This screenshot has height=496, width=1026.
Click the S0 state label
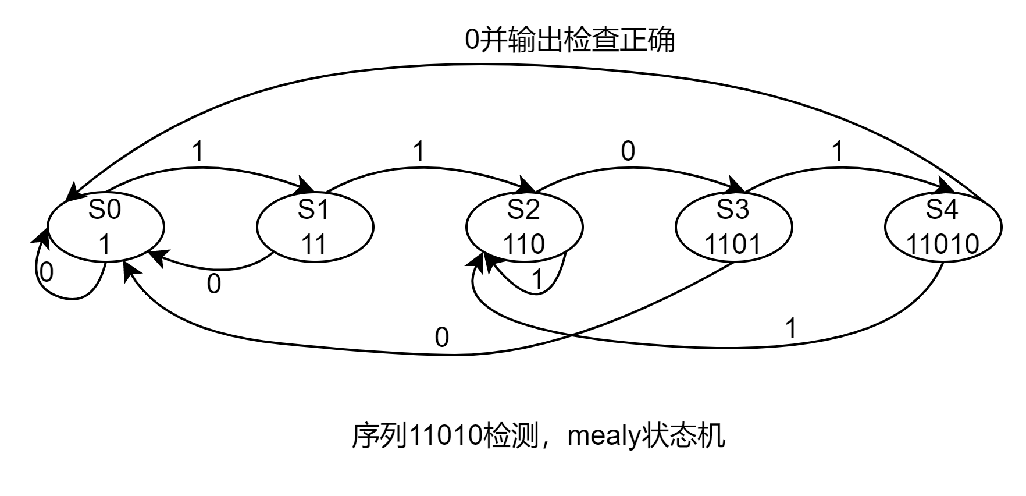pyautogui.click(x=105, y=210)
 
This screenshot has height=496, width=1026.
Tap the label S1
pyautogui.click(x=314, y=210)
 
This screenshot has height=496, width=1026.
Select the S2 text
pyautogui.click(x=523, y=210)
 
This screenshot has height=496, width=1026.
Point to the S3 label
pyautogui.click(x=733, y=210)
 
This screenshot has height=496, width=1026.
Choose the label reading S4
pyautogui.click(x=942, y=210)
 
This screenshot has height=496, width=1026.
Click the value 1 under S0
pyautogui.click(x=105, y=245)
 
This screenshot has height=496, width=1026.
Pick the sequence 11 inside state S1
pyautogui.click(x=314, y=245)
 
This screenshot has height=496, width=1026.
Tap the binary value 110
pyautogui.click(x=523, y=245)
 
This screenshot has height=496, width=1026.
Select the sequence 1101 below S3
pyautogui.click(x=733, y=245)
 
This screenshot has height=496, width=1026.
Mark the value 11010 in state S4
pyautogui.click(x=942, y=245)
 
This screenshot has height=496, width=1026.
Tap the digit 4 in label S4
pyautogui.click(x=950, y=210)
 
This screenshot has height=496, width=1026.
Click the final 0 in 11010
pyautogui.click(x=971, y=245)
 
